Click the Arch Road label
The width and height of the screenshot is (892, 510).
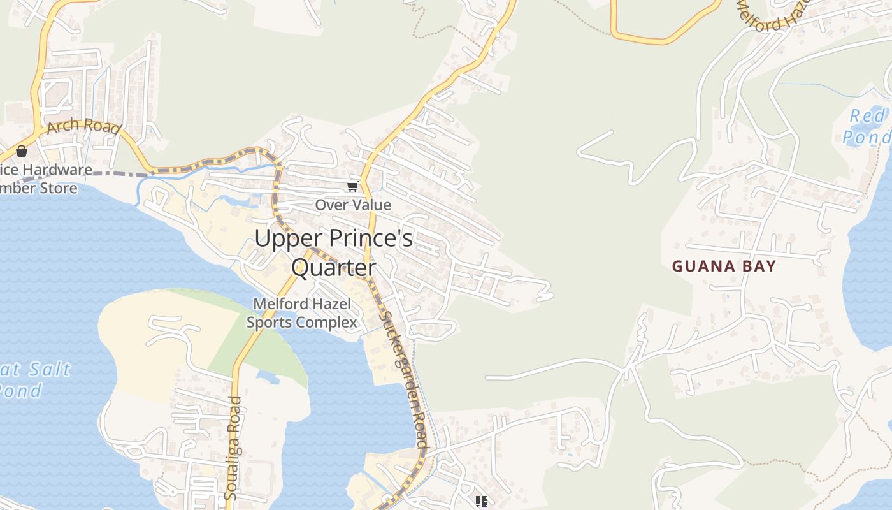[83, 126]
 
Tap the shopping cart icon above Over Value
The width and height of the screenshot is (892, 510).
[352, 187]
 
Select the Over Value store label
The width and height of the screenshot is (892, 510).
[353, 205]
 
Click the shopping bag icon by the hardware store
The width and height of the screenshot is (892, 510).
[22, 151]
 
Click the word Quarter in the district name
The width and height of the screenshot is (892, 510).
[333, 268]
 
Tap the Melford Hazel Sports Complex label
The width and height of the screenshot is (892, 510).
[302, 313]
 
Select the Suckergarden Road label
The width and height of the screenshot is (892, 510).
[403, 379]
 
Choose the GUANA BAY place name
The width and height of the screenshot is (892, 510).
[724, 266]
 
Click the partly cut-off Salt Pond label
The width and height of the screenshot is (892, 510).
[32, 379]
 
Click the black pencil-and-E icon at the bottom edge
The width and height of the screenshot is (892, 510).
[482, 502]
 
